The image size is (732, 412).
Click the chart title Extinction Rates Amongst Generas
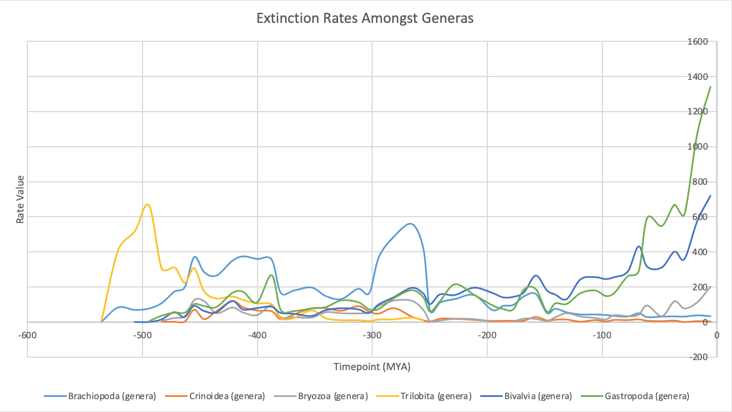(x=365, y=18)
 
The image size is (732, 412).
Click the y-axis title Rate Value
(x=20, y=199)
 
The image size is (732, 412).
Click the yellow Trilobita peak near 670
(x=148, y=204)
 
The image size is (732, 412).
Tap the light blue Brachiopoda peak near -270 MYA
(x=411, y=224)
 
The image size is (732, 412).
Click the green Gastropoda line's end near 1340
(x=710, y=87)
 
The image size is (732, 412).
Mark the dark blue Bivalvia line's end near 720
(x=710, y=195)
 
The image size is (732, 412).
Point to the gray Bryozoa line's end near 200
(x=710, y=287)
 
